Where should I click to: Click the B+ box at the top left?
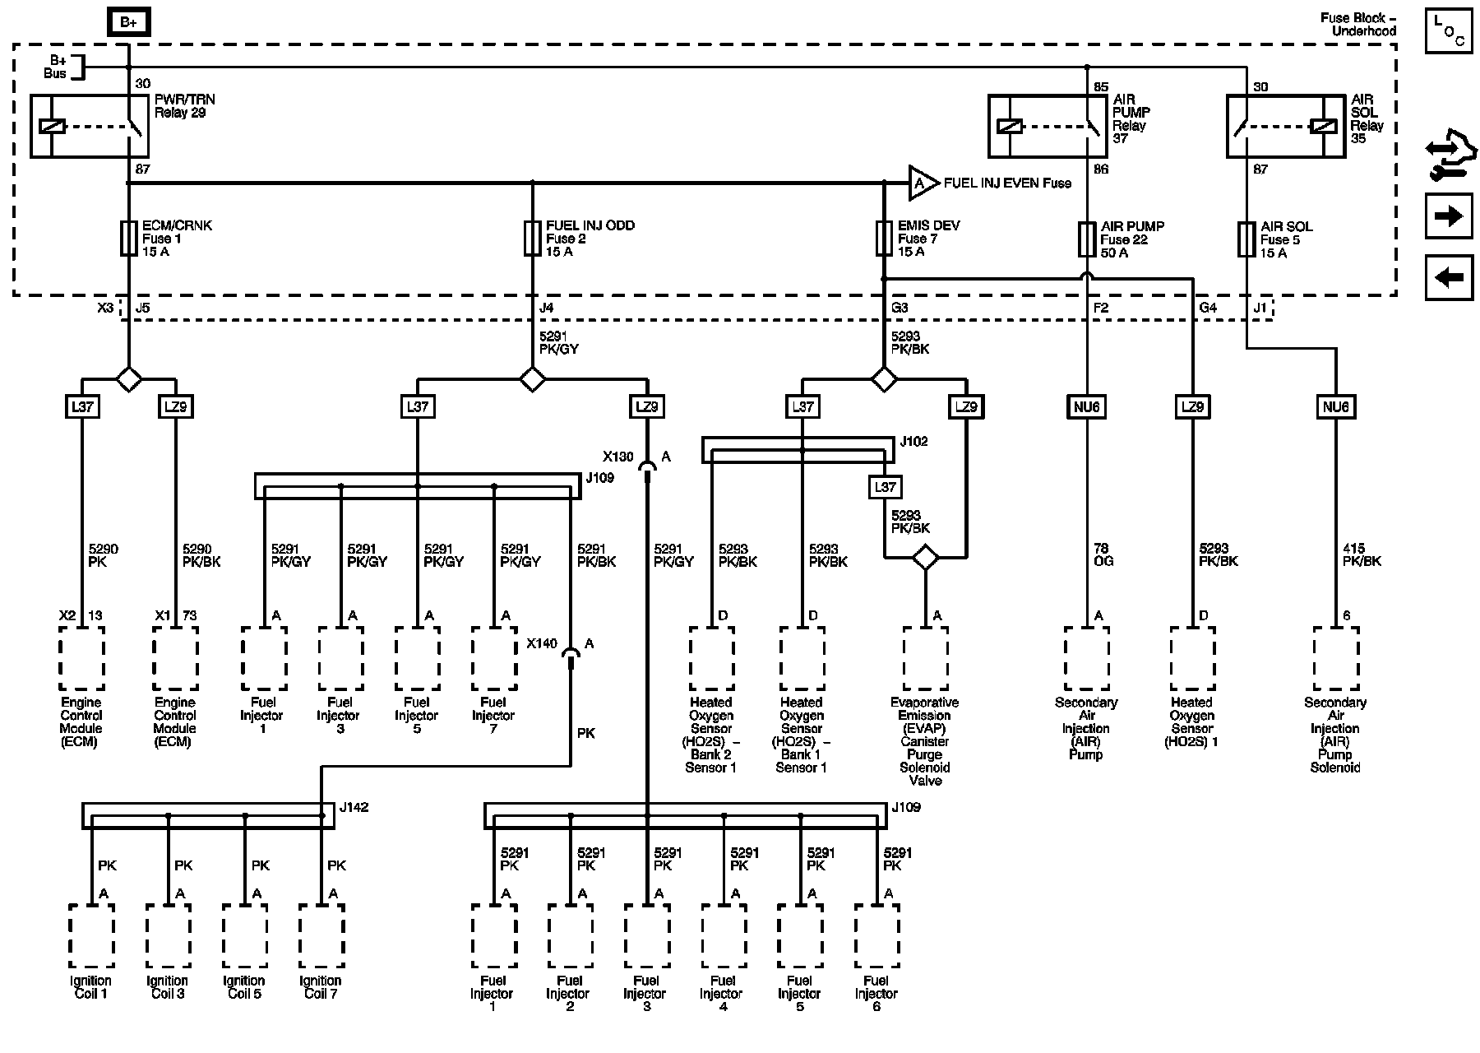(128, 23)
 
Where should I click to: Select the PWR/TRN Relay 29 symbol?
(90, 126)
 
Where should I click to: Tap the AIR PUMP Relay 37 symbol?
(1048, 126)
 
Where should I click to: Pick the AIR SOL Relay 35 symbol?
(1286, 126)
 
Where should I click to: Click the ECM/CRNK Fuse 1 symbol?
(128, 239)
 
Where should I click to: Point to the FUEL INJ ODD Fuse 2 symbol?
(532, 239)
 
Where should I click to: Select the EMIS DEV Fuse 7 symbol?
(884, 239)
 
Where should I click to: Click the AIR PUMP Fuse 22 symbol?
(1087, 239)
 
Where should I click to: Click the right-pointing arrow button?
(1449, 216)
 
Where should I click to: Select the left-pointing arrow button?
(1449, 277)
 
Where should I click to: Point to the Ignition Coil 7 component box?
(321, 935)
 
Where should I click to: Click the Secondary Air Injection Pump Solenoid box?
(1335, 658)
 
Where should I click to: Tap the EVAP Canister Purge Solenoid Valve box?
(925, 658)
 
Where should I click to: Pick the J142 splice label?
(354, 807)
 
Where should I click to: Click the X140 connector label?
(542, 643)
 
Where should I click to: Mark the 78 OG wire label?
(1101, 555)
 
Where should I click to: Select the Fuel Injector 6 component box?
(877, 935)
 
